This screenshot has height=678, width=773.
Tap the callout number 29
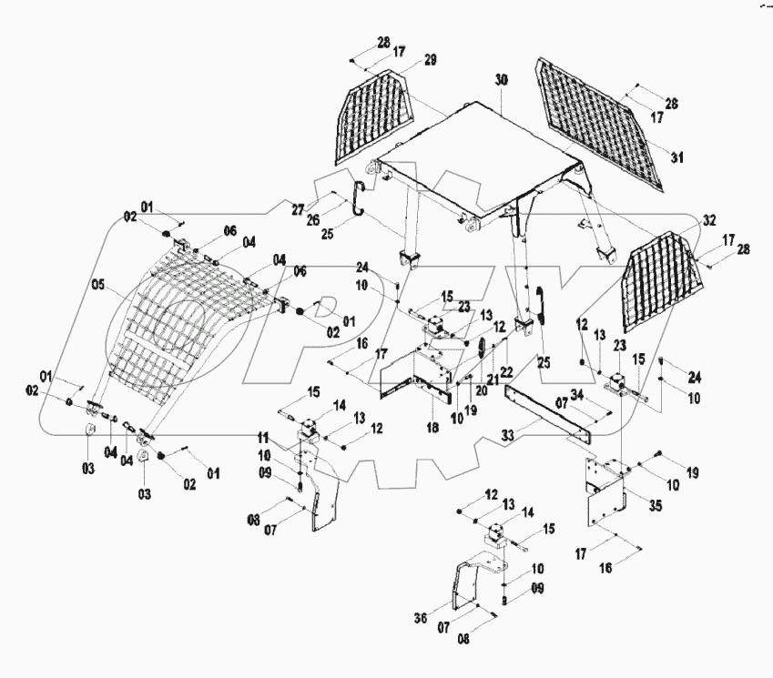(430, 60)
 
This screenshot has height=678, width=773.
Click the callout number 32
(709, 220)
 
